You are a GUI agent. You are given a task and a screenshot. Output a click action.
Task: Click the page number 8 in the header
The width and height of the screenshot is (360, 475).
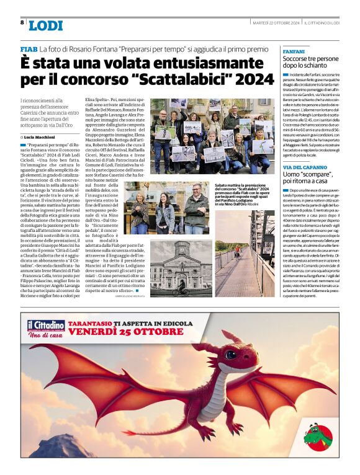(x=22, y=22)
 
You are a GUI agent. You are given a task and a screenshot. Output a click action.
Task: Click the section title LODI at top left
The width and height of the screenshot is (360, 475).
(x=46, y=25)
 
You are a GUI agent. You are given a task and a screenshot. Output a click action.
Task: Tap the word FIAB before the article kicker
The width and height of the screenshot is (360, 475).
(x=29, y=49)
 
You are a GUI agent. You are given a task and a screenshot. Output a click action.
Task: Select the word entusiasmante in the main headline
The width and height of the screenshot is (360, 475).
(x=176, y=63)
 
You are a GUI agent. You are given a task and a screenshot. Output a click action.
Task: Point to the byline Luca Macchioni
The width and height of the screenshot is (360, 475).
(x=42, y=136)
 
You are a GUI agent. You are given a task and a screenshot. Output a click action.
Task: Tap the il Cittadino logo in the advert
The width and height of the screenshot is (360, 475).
(x=46, y=327)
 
